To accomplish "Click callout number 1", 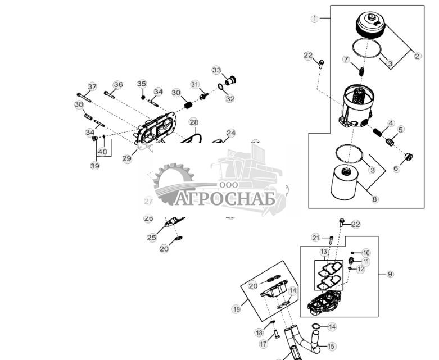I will (x=315, y=19).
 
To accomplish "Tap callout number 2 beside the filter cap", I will (x=417, y=56).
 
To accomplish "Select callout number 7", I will (x=346, y=59).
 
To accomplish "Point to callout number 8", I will (x=375, y=199).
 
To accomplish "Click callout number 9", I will (x=390, y=274).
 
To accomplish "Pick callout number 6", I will (x=396, y=168).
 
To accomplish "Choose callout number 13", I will (x=324, y=251).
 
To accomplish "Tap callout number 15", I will (x=332, y=347).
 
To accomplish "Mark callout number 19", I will (x=237, y=308).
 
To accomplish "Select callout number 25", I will (x=152, y=238).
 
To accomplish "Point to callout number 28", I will (x=193, y=122).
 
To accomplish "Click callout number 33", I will (x=217, y=70).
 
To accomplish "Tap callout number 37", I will (x=92, y=87).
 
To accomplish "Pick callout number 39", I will (x=95, y=166).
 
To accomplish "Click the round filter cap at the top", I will (x=371, y=25).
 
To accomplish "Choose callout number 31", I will (x=195, y=84).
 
